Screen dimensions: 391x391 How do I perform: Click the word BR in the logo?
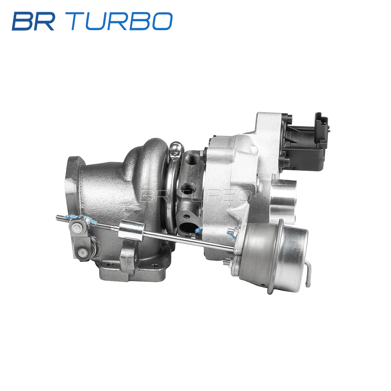[x=33, y=21]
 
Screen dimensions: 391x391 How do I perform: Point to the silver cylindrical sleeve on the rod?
[x=131, y=231]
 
